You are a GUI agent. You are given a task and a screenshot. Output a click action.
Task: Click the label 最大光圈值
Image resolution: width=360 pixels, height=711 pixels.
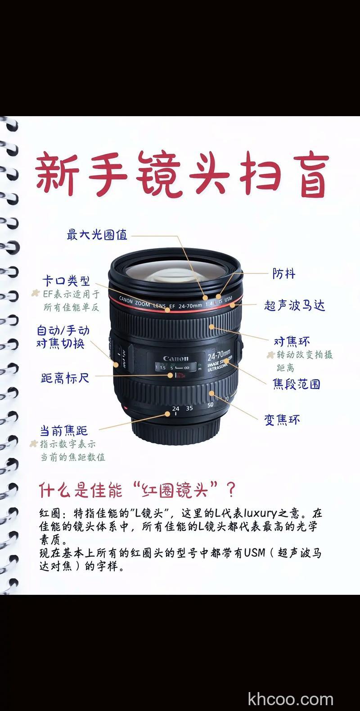pyautogui.click(x=97, y=235)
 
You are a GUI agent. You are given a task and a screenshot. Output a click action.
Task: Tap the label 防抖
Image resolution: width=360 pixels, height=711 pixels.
pyautogui.click(x=284, y=273)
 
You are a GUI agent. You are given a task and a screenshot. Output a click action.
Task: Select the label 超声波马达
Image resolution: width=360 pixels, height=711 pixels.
pyautogui.click(x=294, y=305)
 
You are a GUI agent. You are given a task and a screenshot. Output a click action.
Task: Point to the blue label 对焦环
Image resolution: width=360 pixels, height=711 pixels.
pyautogui.click(x=292, y=341)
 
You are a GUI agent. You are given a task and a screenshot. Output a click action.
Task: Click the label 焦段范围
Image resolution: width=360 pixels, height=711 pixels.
pyautogui.click(x=296, y=384)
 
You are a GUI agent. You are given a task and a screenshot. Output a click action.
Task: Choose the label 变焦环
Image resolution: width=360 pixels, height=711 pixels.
pyautogui.click(x=282, y=420)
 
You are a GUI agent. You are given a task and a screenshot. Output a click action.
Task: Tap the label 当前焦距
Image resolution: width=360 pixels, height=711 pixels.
pyautogui.click(x=63, y=430)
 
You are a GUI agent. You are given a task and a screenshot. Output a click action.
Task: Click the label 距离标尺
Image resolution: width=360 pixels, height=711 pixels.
pyautogui.click(x=65, y=378)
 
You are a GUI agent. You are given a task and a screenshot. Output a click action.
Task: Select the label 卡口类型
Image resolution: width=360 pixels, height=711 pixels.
pyautogui.click(x=66, y=281)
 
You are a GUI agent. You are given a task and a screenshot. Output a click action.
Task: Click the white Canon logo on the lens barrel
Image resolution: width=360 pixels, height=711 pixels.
pyautogui.click(x=175, y=358)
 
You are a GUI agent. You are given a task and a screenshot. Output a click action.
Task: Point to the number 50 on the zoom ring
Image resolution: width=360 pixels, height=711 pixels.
pyautogui.click(x=210, y=405)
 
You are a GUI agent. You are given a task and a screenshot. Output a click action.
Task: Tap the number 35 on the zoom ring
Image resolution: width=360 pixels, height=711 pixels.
pyautogui.click(x=189, y=408)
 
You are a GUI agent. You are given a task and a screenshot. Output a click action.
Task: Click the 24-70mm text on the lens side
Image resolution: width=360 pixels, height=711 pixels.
pyautogui.click(x=218, y=355)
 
